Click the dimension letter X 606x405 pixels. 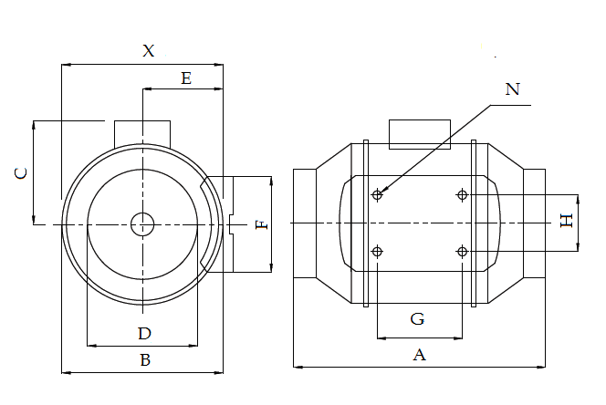point(149,51)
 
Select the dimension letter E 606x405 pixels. point(186,78)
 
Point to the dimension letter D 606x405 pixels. point(144,332)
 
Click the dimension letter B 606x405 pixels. point(144,359)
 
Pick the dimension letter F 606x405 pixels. point(262,223)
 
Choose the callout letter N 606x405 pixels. point(512,88)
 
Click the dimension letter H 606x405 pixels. point(566,220)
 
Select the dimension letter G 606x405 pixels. point(417,319)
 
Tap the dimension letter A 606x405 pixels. point(420,355)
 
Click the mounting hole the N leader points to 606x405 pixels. point(378,194)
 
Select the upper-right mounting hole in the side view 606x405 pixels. point(463,194)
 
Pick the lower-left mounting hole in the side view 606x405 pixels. point(378,252)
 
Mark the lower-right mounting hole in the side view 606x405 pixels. point(463,252)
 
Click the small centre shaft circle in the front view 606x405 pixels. point(142,223)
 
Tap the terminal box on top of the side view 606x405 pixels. point(421,133)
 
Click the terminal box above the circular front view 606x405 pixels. point(142,131)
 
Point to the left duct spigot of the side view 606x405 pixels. point(305,223)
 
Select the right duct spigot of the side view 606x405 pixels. point(534,223)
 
